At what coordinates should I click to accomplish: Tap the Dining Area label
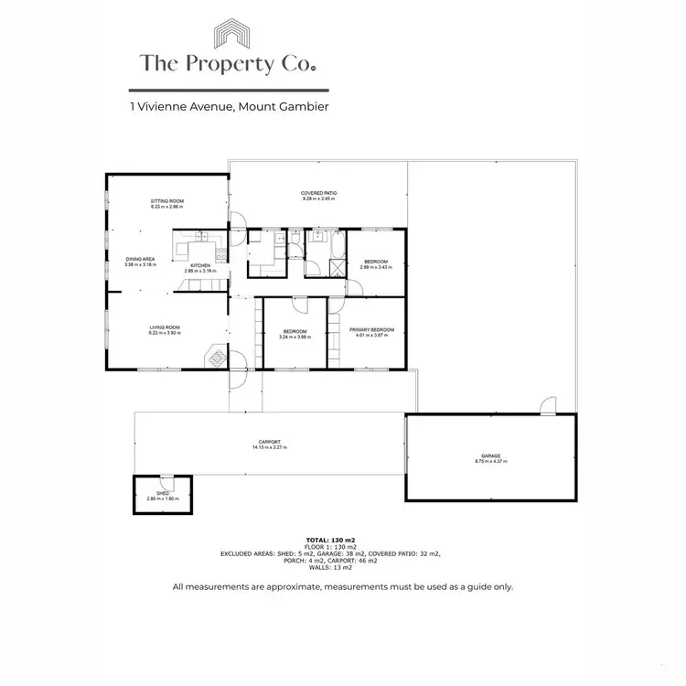click(141, 260)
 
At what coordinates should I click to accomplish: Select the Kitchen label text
click(200, 266)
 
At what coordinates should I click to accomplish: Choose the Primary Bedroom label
click(371, 329)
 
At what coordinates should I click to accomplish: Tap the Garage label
click(491, 456)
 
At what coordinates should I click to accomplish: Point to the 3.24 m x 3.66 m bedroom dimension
click(295, 338)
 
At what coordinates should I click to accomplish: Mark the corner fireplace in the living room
click(216, 356)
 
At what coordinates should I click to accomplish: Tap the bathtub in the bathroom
click(337, 245)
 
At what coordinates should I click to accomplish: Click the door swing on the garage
click(548, 405)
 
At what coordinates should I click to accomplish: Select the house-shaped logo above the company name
click(234, 36)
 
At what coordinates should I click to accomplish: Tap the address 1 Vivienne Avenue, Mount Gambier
click(229, 107)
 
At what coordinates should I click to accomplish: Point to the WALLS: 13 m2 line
click(343, 568)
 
